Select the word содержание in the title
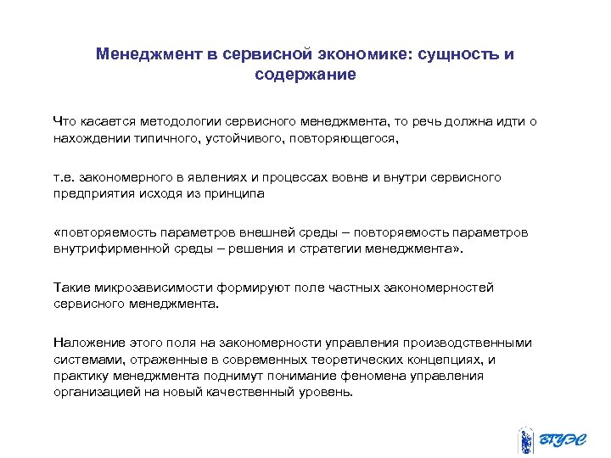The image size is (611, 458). pos(305,75)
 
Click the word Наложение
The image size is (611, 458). pos(85,343)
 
